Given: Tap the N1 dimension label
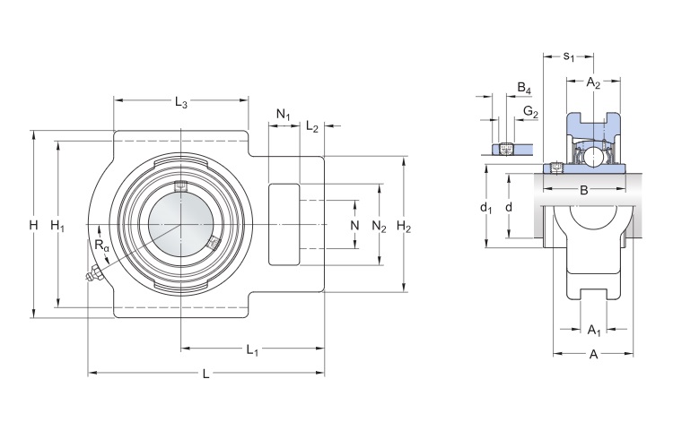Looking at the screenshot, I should (284, 115).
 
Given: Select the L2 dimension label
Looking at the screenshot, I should (311, 127).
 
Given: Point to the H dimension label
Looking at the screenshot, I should (33, 225).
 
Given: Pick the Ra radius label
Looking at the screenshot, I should (101, 245).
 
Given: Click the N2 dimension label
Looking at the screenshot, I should (379, 226).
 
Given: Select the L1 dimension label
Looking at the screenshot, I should (252, 349).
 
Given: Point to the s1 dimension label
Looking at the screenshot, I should (569, 58).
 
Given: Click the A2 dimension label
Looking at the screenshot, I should (593, 83).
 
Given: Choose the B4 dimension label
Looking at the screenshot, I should (525, 89).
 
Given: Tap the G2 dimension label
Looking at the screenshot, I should (530, 113).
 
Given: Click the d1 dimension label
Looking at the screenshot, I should (486, 208).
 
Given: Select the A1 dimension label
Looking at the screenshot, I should (593, 331).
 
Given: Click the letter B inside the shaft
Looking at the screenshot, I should (583, 190).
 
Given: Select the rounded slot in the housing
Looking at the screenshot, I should (284, 223).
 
